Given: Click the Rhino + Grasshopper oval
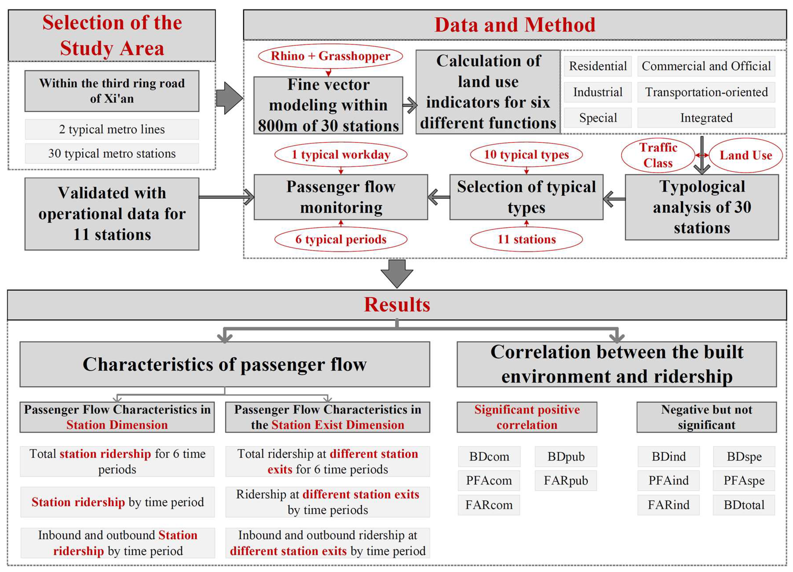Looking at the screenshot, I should coord(330,56).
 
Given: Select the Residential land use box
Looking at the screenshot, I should coord(598,66).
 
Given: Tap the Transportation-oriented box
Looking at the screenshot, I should coord(706,92).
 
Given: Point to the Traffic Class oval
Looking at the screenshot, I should coord(658,155).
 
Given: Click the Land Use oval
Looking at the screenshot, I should coord(746,155).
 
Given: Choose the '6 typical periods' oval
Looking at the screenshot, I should coord(341,239).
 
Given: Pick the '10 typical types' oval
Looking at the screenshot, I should coord(526,155).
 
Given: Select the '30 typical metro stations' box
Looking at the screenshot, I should coord(112,153).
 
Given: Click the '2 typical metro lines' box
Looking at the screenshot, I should coord(112,129).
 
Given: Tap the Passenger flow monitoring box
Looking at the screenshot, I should coord(341,197).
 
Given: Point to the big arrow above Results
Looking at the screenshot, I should coord(396,273).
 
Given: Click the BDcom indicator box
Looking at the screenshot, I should coord(489,456).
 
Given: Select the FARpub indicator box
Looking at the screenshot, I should coord(566,480).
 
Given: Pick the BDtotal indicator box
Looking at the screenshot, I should coord(744,505).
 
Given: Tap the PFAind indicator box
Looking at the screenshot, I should coord(668,480).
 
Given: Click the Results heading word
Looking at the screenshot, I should coord(396,304).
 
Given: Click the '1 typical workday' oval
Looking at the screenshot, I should coord(341,155).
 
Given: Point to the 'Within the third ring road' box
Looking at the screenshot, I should coord(112,91).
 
